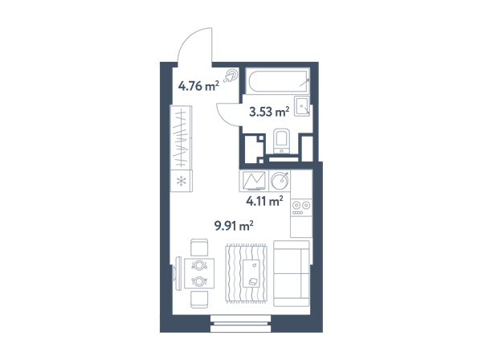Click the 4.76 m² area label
(198, 86)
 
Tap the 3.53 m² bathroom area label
(269, 112)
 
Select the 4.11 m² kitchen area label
(264, 202)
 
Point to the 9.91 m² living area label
(234, 226)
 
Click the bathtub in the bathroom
(278, 81)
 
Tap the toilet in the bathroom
(282, 141)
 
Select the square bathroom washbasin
(302, 106)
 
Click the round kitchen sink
(280, 181)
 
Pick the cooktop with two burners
(301, 207)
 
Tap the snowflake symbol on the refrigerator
(182, 181)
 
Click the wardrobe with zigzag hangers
(182, 137)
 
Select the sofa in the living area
(292, 273)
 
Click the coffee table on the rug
(251, 273)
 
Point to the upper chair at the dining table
(199, 247)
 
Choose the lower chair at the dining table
(199, 300)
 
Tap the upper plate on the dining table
(199, 265)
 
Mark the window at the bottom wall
(240, 323)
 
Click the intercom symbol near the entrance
(231, 76)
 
